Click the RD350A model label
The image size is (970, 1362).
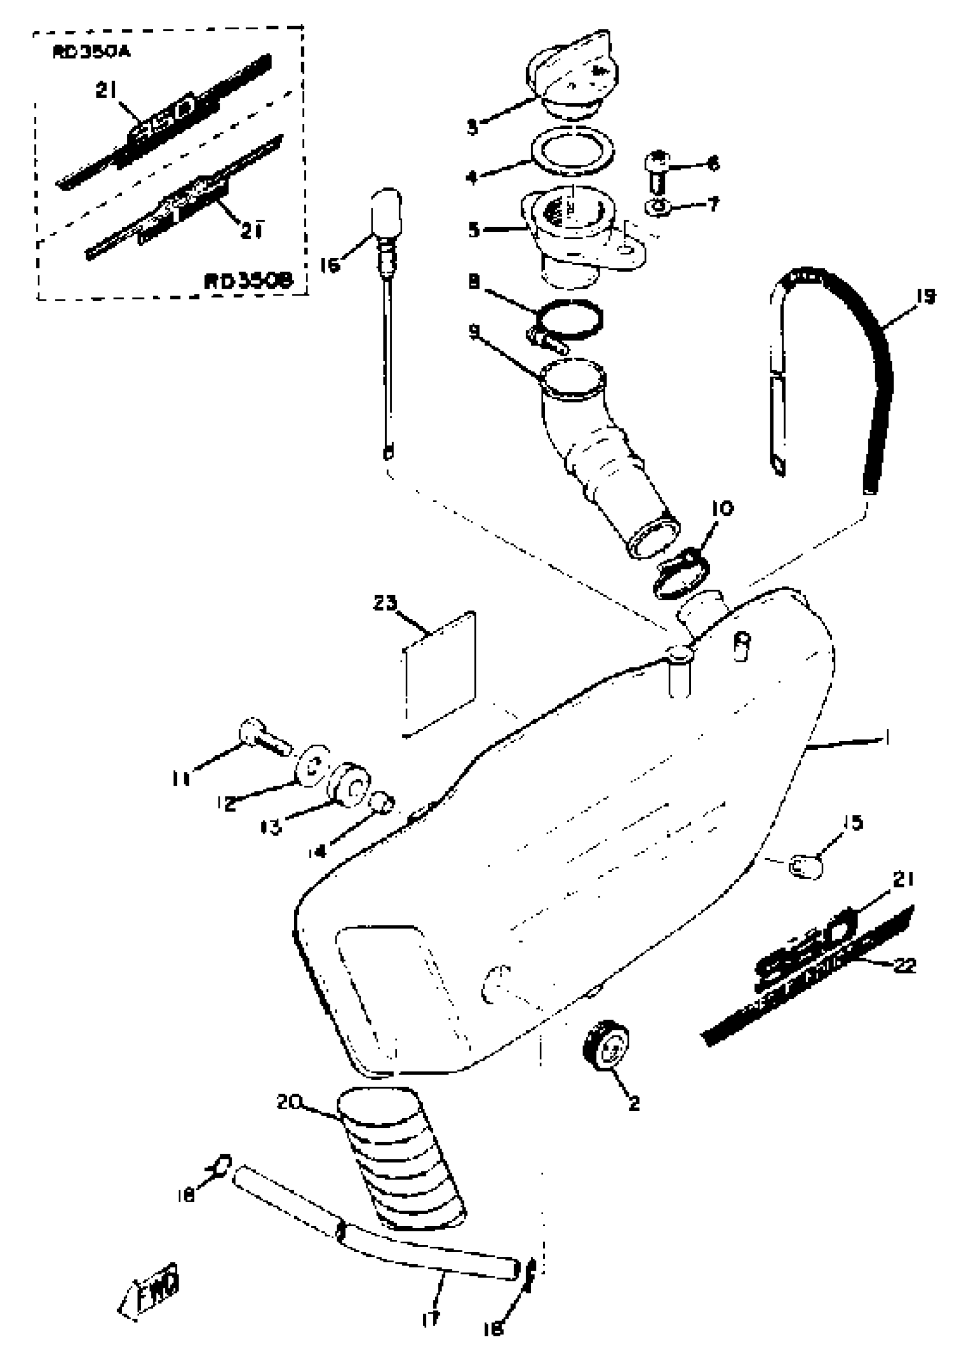click(91, 52)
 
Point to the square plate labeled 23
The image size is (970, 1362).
click(439, 674)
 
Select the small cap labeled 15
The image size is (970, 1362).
click(806, 866)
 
